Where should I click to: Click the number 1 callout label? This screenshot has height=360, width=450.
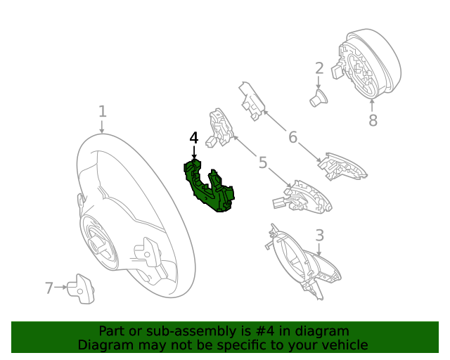tap(102, 111)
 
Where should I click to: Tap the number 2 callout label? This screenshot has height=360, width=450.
tap(319, 68)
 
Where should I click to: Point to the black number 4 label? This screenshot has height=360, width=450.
tap(194, 138)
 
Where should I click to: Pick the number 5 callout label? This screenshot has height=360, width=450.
tap(263, 163)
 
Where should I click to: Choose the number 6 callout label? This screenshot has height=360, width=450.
tap(293, 136)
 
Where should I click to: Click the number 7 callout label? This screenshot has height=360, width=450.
tap(49, 288)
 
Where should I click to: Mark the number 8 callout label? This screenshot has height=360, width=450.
tap(373, 121)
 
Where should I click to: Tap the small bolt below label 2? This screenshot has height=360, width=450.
tap(319, 98)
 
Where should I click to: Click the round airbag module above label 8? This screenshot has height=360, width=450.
tap(366, 64)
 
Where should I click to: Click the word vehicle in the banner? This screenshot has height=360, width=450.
tap(344, 345)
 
